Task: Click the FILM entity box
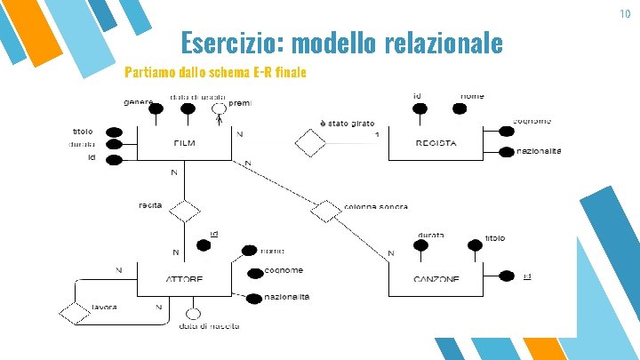pyautogui.click(x=185, y=142)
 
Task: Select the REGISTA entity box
pyautogui.click(x=435, y=142)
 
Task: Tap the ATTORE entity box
pyautogui.click(x=184, y=278)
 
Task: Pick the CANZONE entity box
pyautogui.click(x=436, y=278)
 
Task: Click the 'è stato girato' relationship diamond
pyautogui.click(x=311, y=140)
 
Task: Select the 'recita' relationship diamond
pyautogui.click(x=186, y=211)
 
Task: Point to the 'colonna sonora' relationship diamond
pyautogui.click(x=326, y=211)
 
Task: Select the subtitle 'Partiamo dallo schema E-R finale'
pyautogui.click(x=216, y=72)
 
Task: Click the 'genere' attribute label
pyautogui.click(x=139, y=102)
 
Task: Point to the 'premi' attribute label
pyautogui.click(x=240, y=104)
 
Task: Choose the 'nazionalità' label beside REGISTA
pyautogui.click(x=539, y=152)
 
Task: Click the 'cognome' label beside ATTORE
pyautogui.click(x=284, y=270)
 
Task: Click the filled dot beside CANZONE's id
pyautogui.click(x=506, y=276)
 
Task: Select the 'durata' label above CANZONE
pyautogui.click(x=431, y=236)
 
